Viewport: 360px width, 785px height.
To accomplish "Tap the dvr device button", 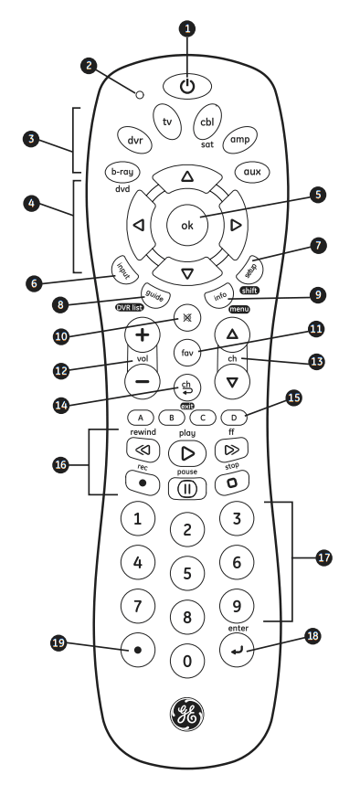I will click(133, 140).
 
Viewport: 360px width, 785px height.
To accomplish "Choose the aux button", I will click(251, 171).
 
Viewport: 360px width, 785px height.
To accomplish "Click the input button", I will click(123, 270).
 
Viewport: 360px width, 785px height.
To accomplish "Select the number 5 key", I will click(186, 574).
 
